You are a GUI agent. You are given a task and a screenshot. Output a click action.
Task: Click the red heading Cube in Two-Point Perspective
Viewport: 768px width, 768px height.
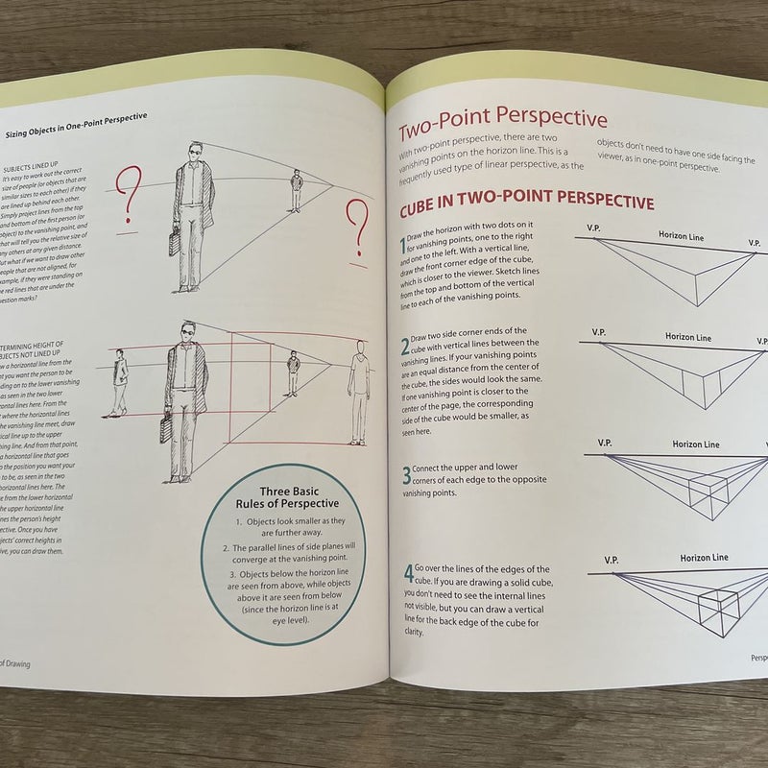coord(526,204)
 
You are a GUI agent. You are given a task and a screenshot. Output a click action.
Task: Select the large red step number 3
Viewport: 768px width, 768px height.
coord(407,474)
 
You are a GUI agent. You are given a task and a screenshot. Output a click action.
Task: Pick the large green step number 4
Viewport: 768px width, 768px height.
coord(408,576)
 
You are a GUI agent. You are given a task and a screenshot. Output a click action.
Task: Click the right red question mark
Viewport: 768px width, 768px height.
coord(357,228)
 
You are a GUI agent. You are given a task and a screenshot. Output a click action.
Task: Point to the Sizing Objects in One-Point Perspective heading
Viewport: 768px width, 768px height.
coord(77,118)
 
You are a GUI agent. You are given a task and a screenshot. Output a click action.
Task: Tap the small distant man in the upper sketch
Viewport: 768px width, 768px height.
coord(297,192)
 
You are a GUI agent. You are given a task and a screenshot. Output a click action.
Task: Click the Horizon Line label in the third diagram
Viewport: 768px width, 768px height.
coord(696,444)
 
